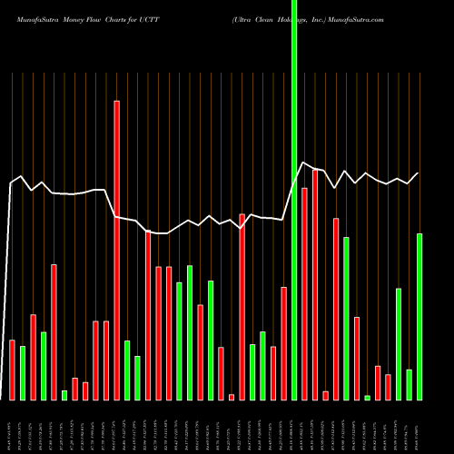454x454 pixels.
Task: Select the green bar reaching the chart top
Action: pyautogui.click(x=294, y=200)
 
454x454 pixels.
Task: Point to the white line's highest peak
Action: pyautogui.click(x=303, y=163)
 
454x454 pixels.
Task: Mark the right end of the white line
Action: pyautogui.click(x=419, y=173)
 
